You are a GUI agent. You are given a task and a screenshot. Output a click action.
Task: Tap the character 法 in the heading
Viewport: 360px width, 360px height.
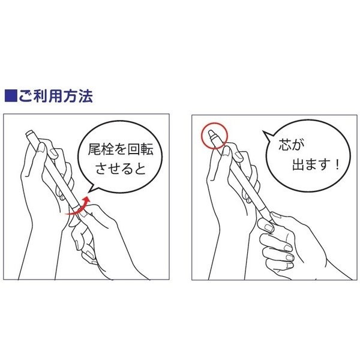(x=83, y=95)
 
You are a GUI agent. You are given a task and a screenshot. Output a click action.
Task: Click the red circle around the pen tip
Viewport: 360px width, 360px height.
(x=212, y=134)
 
